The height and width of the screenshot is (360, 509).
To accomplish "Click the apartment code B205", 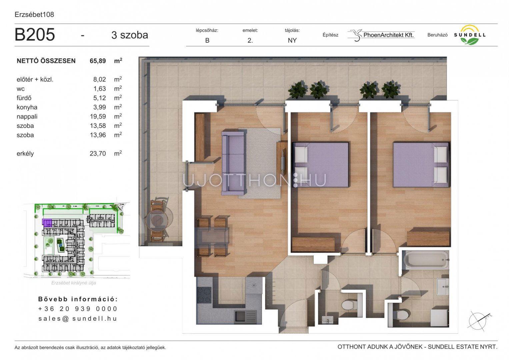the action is click(x=35, y=35).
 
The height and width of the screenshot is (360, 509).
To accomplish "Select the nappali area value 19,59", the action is click(x=98, y=116).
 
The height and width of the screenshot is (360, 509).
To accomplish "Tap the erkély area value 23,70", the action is click(x=98, y=153).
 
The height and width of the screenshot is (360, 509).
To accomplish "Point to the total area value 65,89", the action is click(x=98, y=61).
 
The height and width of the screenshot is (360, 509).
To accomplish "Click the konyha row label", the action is click(x=27, y=107).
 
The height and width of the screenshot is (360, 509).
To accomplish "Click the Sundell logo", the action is click(x=469, y=35).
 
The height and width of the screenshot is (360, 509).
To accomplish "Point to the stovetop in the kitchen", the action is click(x=204, y=295).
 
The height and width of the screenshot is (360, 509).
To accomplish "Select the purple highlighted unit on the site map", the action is click(x=47, y=223).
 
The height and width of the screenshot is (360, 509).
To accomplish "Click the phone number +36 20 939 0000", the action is click(x=78, y=309).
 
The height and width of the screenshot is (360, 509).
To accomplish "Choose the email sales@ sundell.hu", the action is click(x=78, y=318).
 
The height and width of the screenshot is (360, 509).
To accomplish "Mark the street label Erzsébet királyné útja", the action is click(x=74, y=283).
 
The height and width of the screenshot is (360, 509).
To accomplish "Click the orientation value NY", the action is click(x=292, y=40).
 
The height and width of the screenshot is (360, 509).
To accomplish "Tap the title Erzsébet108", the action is click(x=34, y=15).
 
